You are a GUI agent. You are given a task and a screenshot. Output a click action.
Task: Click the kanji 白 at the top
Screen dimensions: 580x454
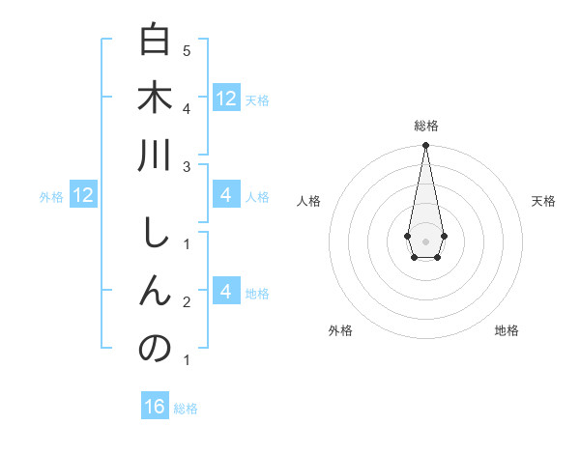155,42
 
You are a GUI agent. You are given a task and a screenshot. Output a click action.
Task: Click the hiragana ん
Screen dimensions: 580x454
155,290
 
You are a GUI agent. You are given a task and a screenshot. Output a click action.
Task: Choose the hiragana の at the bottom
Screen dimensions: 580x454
155,347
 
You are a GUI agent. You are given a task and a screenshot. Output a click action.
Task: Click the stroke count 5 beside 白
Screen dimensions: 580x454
187,49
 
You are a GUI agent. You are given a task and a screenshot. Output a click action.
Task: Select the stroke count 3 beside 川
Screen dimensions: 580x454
187,167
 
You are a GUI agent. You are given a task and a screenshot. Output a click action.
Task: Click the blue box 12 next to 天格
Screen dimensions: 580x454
225,98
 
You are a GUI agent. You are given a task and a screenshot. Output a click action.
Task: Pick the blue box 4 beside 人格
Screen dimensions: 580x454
225,195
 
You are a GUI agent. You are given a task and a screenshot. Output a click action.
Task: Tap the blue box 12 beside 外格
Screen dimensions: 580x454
82,195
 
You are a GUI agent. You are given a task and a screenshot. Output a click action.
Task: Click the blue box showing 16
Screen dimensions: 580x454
155,407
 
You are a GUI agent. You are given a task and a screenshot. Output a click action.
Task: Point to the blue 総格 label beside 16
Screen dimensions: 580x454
186,409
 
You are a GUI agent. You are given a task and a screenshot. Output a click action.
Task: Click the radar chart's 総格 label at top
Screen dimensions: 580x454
425,126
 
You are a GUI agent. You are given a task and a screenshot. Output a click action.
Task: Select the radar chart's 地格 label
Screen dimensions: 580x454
507,330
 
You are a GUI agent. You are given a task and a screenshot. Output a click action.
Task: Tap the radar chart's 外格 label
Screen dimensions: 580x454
340,330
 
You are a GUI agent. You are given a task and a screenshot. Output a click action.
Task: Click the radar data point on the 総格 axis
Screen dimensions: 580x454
425,146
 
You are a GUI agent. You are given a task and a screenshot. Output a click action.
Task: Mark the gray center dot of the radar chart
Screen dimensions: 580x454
425,240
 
